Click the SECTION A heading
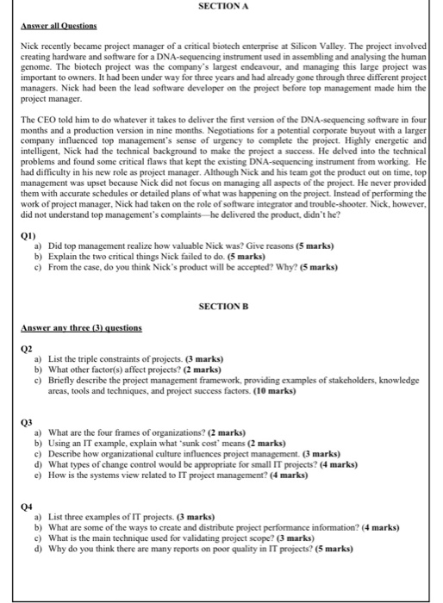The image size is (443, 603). (x=223, y=6)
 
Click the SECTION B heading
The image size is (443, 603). (x=223, y=306)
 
